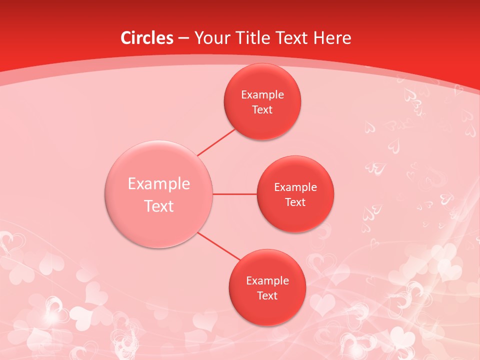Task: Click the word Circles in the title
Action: (x=147, y=37)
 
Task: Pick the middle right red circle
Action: (x=295, y=217)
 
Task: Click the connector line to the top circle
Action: (x=216, y=141)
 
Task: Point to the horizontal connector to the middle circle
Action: (x=235, y=194)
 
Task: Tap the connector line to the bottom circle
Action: (x=219, y=247)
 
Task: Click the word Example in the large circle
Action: (x=159, y=184)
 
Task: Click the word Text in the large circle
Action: (x=159, y=206)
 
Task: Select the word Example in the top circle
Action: (x=262, y=95)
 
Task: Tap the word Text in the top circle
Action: (x=262, y=110)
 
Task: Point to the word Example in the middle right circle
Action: (x=295, y=187)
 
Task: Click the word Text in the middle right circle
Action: (x=295, y=202)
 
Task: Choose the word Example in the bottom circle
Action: (x=267, y=281)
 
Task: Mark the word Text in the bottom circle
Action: (x=267, y=296)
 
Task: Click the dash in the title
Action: (x=183, y=38)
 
